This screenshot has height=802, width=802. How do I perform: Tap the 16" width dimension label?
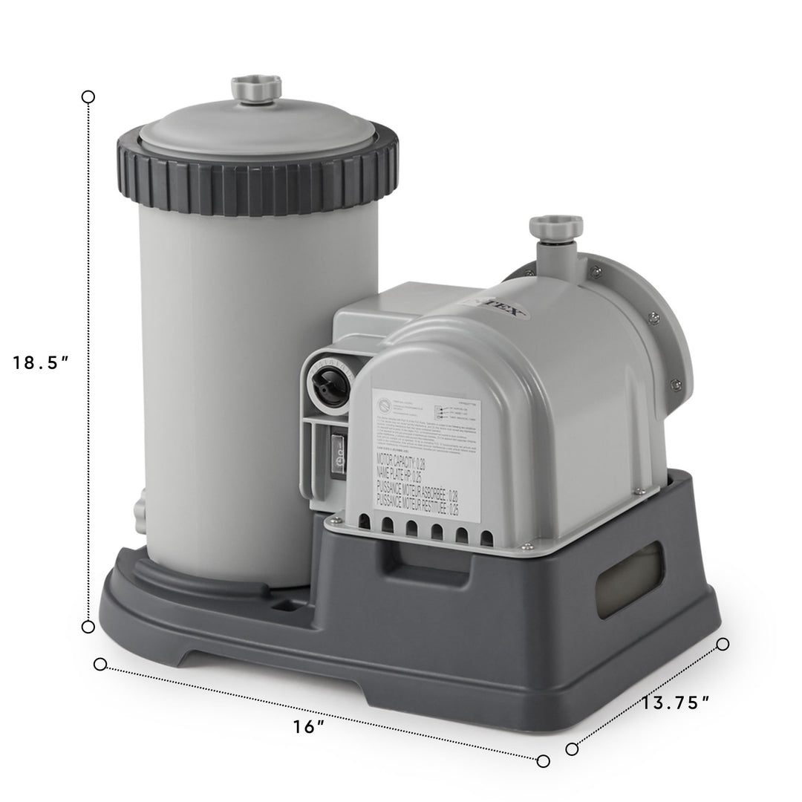309,727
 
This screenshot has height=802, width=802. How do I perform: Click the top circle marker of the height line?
88,97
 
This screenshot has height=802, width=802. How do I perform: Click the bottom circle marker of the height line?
88,627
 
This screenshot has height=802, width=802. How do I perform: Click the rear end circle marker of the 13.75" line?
722,644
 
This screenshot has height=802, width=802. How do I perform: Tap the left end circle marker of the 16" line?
100,664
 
